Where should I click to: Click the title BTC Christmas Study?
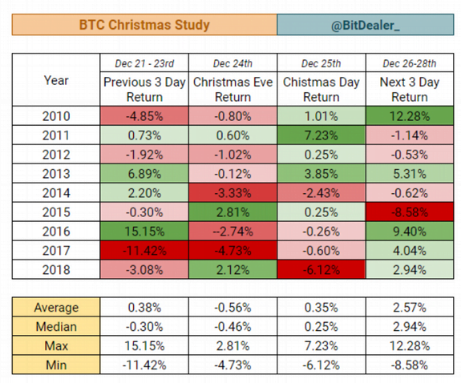point(144,25)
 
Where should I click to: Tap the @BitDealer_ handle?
point(365,26)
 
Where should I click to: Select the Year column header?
point(56,80)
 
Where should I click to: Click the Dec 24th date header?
point(233,63)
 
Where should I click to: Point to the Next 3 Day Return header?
point(410,90)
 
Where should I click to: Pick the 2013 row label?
point(56,174)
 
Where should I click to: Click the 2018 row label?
point(56,269)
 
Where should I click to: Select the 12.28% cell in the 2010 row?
point(410,116)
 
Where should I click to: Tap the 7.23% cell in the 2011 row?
point(321,135)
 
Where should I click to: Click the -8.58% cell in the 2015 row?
point(410,212)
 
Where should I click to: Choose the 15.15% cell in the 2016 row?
point(144,231)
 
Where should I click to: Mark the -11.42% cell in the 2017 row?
point(144,251)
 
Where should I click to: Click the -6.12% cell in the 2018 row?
point(321,269)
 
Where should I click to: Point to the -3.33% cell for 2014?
point(233,193)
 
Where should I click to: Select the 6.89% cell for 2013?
point(144,174)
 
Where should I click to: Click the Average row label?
point(56,308)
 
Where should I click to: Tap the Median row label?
point(56,327)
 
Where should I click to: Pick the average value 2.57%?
point(410,308)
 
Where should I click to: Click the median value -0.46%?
point(233,327)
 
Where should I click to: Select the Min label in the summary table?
point(56,365)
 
